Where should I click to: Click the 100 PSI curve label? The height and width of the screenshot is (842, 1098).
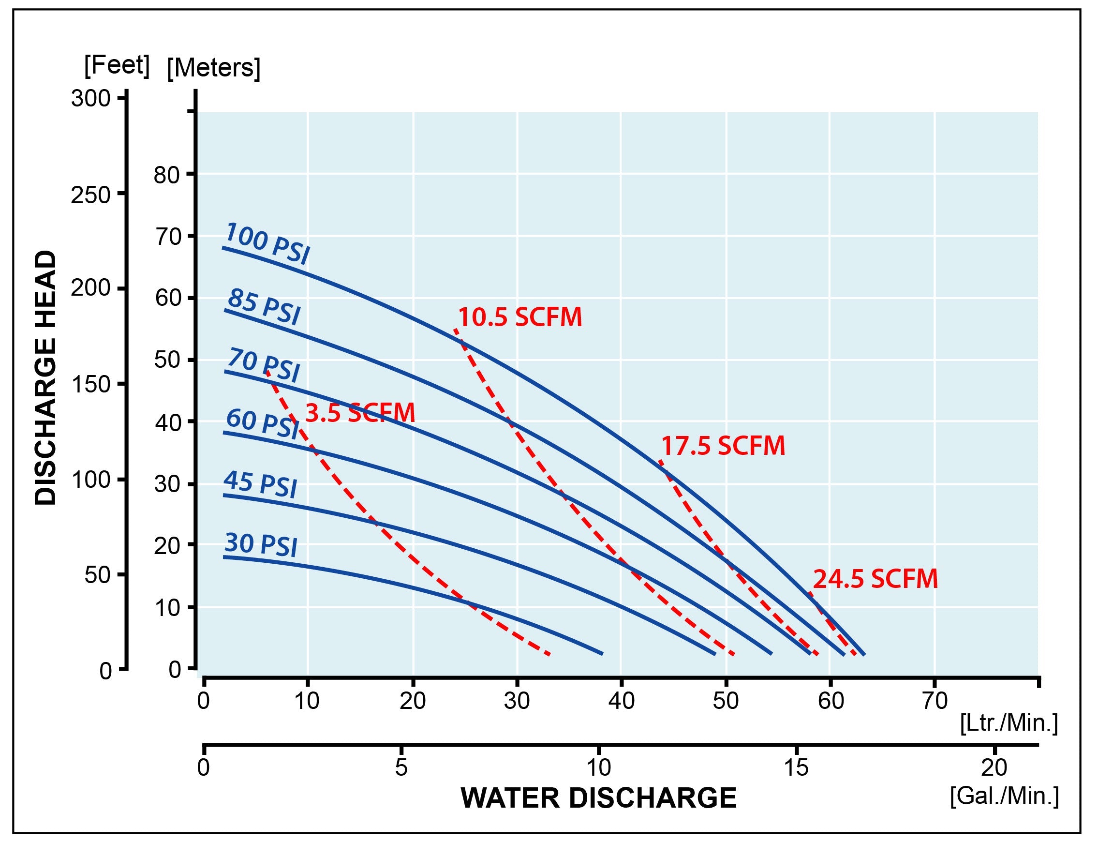pyautogui.click(x=267, y=244)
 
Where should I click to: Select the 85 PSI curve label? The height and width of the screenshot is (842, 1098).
pyautogui.click(x=264, y=307)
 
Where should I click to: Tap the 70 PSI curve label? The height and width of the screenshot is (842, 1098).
pyautogui.click(x=264, y=366)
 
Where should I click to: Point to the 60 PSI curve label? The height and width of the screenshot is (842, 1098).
pyautogui.click(x=263, y=424)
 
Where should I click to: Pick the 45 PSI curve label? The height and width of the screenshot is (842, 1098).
pyautogui.click(x=261, y=484)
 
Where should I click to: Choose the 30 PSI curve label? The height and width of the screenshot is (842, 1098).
pyautogui.click(x=261, y=545)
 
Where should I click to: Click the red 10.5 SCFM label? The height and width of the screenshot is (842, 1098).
pyautogui.click(x=520, y=317)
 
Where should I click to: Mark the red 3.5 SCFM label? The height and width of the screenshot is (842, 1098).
pyautogui.click(x=360, y=413)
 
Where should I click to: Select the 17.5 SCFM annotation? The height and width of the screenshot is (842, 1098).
pyautogui.click(x=723, y=446)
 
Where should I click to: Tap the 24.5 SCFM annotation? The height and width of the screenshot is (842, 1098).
pyautogui.click(x=875, y=579)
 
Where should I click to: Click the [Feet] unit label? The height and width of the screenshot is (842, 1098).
pyautogui.click(x=117, y=66)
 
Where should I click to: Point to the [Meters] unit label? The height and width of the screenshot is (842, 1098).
pyautogui.click(x=214, y=68)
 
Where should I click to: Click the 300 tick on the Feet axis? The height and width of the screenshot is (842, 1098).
pyautogui.click(x=90, y=98)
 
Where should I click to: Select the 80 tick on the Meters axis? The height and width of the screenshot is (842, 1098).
pyautogui.click(x=167, y=175)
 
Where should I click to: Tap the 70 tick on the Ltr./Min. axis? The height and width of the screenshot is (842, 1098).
pyautogui.click(x=935, y=701)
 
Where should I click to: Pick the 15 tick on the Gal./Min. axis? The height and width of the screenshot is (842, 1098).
pyautogui.click(x=797, y=767)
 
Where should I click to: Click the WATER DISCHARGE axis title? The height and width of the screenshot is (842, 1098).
pyautogui.click(x=599, y=798)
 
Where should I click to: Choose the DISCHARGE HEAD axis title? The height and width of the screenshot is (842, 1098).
pyautogui.click(x=46, y=377)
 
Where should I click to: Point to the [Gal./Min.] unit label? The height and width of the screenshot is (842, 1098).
pyautogui.click(x=1004, y=796)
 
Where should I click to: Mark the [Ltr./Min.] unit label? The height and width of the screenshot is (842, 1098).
pyautogui.click(x=1009, y=723)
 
